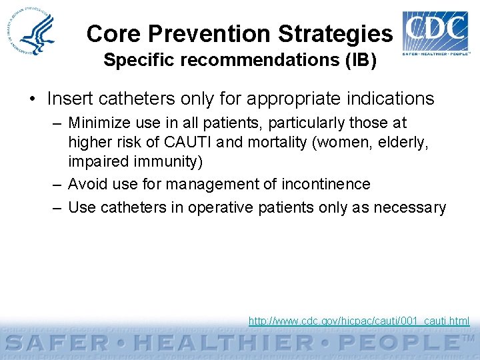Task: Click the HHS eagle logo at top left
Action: pyautogui.click(x=35, y=33)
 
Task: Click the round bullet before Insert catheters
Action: pyautogui.click(x=32, y=99)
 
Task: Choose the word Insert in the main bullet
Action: pyautogui.click(x=69, y=99)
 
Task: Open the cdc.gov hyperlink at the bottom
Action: pyautogui.click(x=359, y=321)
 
